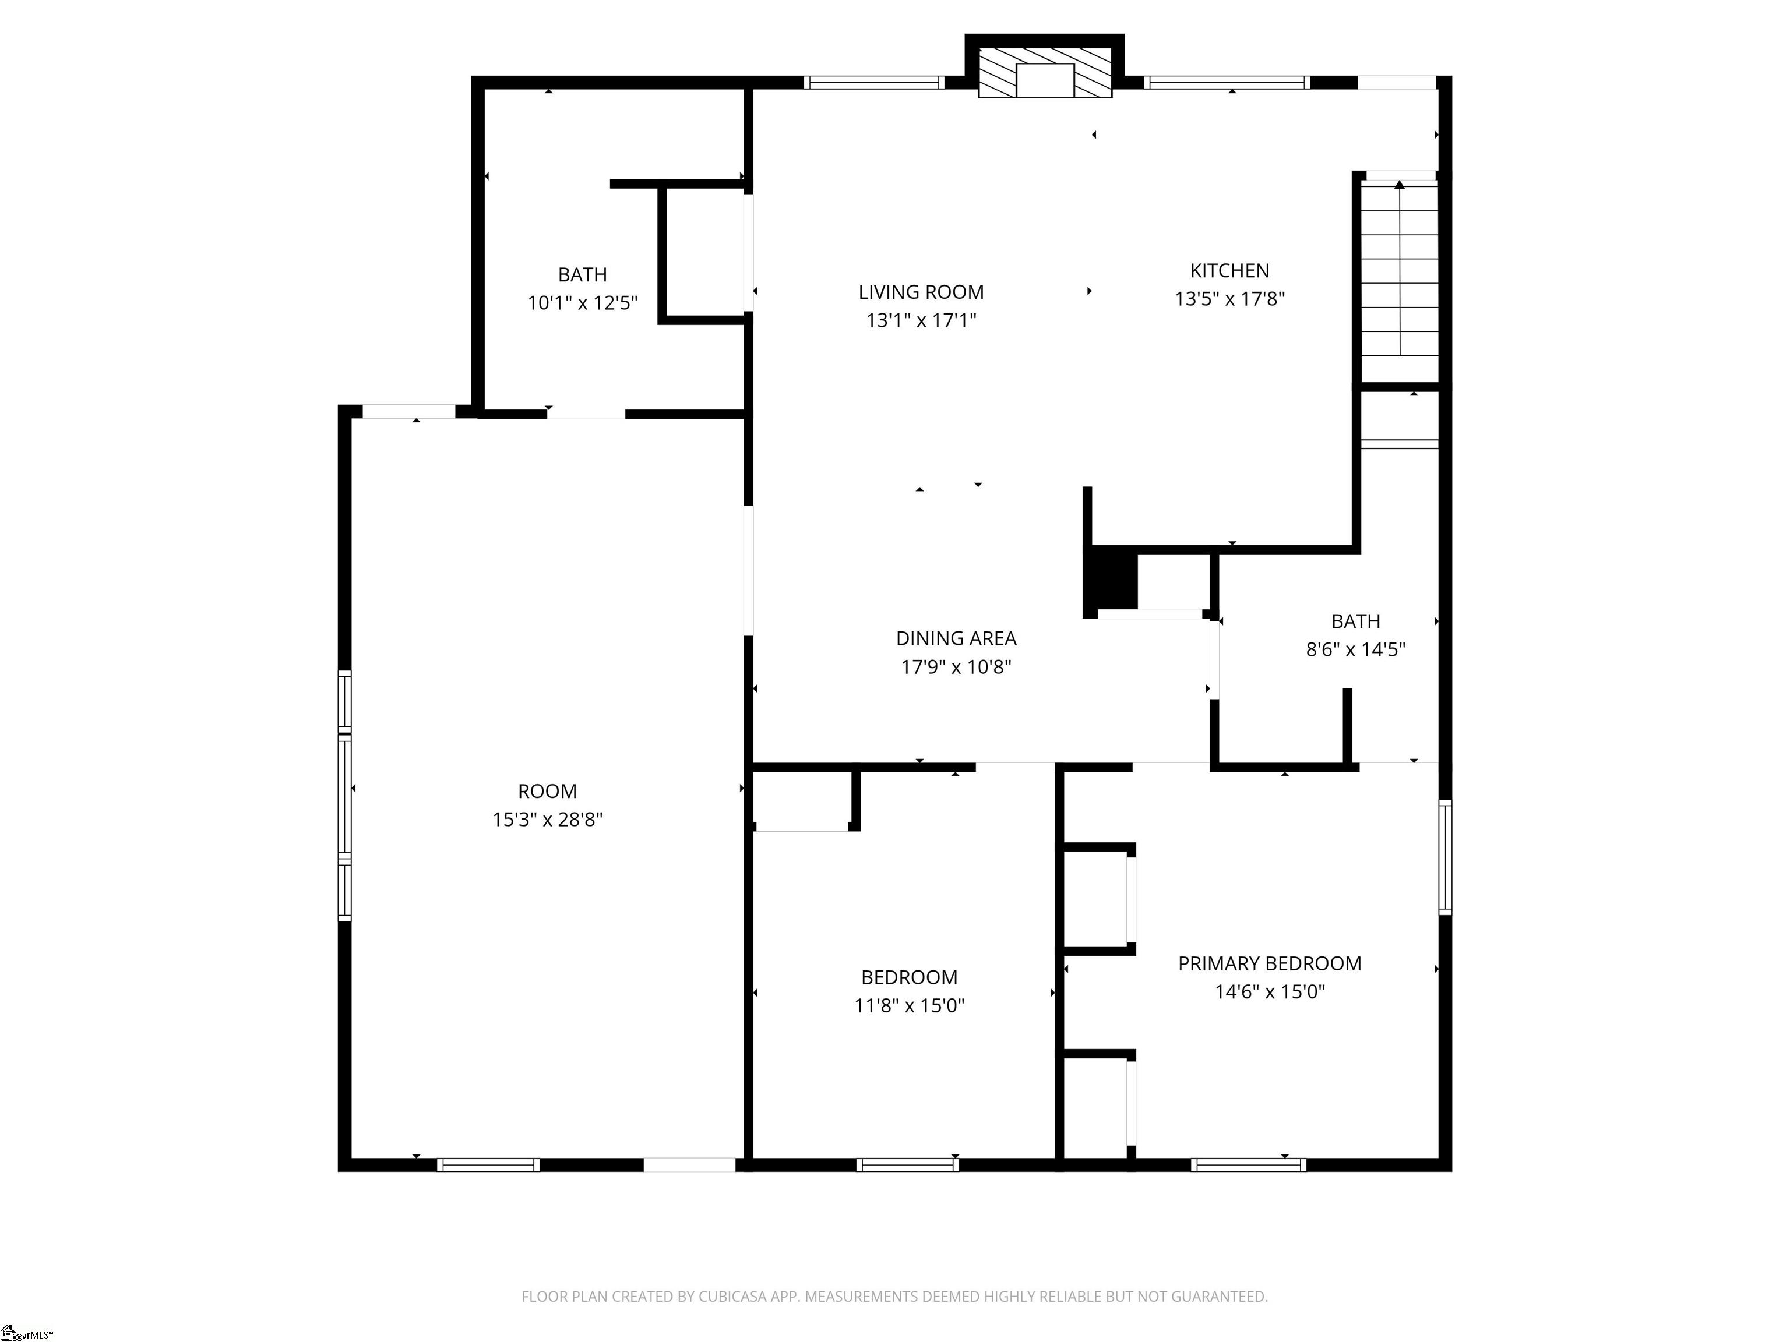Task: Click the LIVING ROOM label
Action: [x=921, y=292]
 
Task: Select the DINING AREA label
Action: [x=956, y=638]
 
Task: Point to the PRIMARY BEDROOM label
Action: [x=1269, y=963]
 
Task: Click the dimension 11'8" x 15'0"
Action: [x=909, y=1005]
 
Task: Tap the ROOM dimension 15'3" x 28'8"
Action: [x=547, y=820]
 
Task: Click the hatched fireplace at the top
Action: [x=1045, y=73]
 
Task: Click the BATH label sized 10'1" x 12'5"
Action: [x=582, y=275]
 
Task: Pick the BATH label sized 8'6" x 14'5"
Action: [x=1355, y=621]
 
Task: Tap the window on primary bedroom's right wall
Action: [x=1444, y=857]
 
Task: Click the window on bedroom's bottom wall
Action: [x=907, y=1165]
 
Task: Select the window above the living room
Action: [x=874, y=82]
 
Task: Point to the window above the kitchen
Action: [x=1226, y=82]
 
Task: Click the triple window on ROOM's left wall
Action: [x=345, y=795]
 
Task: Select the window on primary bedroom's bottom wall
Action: [x=1248, y=1165]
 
